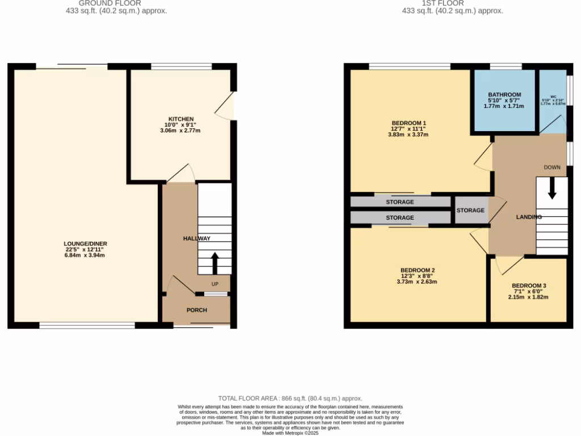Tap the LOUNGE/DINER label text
[x=85, y=244]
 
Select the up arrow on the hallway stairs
[x=215, y=263]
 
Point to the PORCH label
[x=197, y=310]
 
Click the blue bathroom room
[x=504, y=100]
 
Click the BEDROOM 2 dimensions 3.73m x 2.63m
[x=417, y=282]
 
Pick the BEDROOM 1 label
[x=409, y=123]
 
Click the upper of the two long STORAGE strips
[x=400, y=202]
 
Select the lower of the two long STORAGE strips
[x=400, y=217]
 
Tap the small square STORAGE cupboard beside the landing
[x=470, y=211]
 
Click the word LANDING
[x=528, y=217]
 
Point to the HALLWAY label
[x=196, y=238]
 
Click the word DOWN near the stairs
[x=552, y=167]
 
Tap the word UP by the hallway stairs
[x=215, y=283]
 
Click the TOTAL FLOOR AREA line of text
[x=290, y=399]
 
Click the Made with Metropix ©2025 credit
[x=290, y=433]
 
